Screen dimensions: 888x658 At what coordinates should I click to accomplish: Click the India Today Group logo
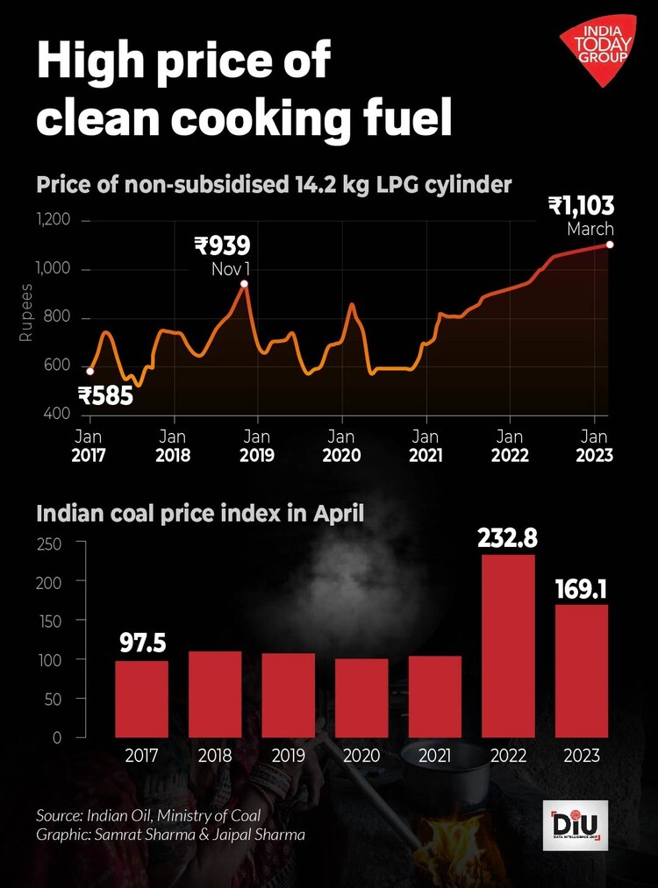tap(600, 51)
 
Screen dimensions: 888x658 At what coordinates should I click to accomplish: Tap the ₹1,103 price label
tap(581, 206)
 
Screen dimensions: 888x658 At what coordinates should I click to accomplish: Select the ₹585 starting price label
tap(105, 396)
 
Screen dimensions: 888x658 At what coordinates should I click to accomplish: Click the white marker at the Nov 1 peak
tap(244, 283)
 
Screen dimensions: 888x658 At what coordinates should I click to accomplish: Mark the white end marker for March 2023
tap(610, 245)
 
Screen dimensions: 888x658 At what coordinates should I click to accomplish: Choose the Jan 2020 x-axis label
tap(341, 445)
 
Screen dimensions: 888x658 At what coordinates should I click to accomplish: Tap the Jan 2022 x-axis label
tap(510, 445)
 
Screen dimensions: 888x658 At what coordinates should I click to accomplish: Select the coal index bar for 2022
tap(509, 645)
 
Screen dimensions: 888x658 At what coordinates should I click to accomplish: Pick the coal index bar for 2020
tap(361, 698)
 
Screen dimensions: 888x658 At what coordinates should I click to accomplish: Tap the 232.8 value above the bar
tap(509, 537)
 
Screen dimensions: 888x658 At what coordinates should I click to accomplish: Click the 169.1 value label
tap(582, 588)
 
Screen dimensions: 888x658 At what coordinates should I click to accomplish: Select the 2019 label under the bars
tap(288, 754)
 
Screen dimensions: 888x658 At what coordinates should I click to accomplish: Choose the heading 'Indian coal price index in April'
tap(200, 513)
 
